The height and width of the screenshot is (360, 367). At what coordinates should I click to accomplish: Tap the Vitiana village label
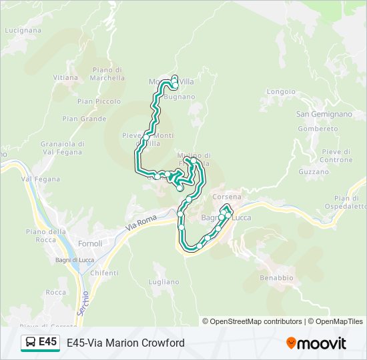[66, 77]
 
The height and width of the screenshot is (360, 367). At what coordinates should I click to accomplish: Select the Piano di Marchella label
[109, 73]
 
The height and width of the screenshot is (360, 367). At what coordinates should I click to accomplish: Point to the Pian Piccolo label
[99, 101]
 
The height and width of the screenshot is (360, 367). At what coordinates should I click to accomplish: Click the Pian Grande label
[84, 119]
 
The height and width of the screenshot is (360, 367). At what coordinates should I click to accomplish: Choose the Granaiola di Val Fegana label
[62, 147]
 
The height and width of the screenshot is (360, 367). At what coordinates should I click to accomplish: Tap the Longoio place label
[281, 91]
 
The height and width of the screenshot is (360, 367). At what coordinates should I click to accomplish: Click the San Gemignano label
[324, 114]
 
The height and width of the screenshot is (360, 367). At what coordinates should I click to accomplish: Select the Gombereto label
[319, 129]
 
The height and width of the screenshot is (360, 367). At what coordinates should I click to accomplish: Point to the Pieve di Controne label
[336, 155]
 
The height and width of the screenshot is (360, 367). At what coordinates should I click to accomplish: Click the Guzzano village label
[314, 171]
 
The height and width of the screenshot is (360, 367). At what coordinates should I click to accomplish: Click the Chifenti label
[104, 273]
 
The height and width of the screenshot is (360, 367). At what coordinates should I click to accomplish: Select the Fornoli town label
[90, 243]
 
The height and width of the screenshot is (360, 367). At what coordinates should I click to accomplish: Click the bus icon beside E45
[30, 342]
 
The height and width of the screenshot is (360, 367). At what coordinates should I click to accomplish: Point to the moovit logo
[316, 343]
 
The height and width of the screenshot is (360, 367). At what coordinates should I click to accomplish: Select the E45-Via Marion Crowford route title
[125, 343]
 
